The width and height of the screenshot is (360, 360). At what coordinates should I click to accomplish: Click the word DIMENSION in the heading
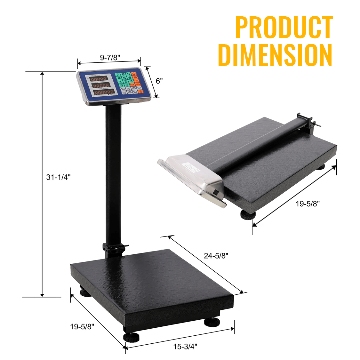pyautogui.click(x=275, y=55)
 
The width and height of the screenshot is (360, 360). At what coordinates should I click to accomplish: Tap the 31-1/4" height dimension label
pyautogui.click(x=58, y=177)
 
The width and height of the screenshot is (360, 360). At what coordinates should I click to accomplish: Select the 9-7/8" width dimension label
pyautogui.click(x=110, y=57)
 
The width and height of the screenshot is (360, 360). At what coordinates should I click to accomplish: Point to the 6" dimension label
pyautogui.click(x=159, y=81)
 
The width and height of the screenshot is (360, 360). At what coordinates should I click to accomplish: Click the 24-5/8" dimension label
pyautogui.click(x=216, y=255)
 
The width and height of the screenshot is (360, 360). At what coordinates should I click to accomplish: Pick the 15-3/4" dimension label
pyautogui.click(x=185, y=346)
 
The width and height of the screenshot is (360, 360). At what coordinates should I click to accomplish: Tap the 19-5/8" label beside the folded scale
pyautogui.click(x=308, y=204)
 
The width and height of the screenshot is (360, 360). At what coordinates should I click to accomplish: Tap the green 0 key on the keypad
pyautogui.click(x=122, y=85)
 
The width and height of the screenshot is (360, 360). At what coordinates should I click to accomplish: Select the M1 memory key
pyautogui.click(x=123, y=89)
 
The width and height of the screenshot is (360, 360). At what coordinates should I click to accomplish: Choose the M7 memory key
pyautogui.click(x=135, y=92)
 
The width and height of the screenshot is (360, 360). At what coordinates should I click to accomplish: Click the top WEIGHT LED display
pyautogui.click(x=99, y=79)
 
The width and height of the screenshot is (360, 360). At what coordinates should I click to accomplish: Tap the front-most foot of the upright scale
pyautogui.click(x=131, y=337)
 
